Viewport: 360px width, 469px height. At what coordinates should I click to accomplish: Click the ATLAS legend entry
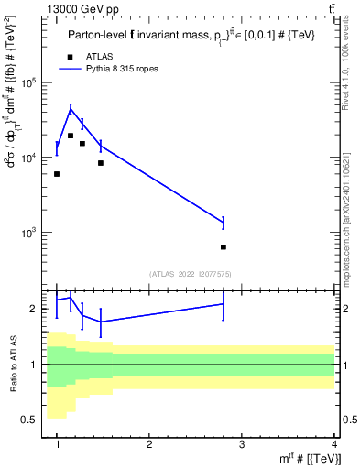coord(99,56)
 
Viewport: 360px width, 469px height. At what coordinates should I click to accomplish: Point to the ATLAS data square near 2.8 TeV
coord(224,246)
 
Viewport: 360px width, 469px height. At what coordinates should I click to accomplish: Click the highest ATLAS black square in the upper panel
coord(71,136)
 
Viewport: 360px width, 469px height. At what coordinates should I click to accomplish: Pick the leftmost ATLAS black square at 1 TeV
coord(57,174)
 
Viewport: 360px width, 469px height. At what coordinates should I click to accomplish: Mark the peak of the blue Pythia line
coord(71,109)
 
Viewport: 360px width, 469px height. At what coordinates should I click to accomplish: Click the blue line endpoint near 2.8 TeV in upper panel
coord(224,222)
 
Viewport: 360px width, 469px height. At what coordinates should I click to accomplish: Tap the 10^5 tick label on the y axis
coord(36,82)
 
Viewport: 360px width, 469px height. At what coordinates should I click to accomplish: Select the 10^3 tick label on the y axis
coord(36,233)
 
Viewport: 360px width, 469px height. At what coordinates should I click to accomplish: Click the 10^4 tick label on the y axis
coord(36,158)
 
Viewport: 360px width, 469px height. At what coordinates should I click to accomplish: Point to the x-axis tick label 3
coord(242,444)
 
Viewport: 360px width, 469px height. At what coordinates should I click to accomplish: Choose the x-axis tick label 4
coord(334,444)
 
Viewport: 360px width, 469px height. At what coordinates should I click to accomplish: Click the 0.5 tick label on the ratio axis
coord(37,420)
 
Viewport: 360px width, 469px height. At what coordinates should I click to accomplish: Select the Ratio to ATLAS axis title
coord(12,365)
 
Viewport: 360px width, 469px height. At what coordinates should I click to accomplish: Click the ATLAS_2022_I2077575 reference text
coord(190,274)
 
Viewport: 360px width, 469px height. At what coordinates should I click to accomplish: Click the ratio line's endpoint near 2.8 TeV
coord(224,304)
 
